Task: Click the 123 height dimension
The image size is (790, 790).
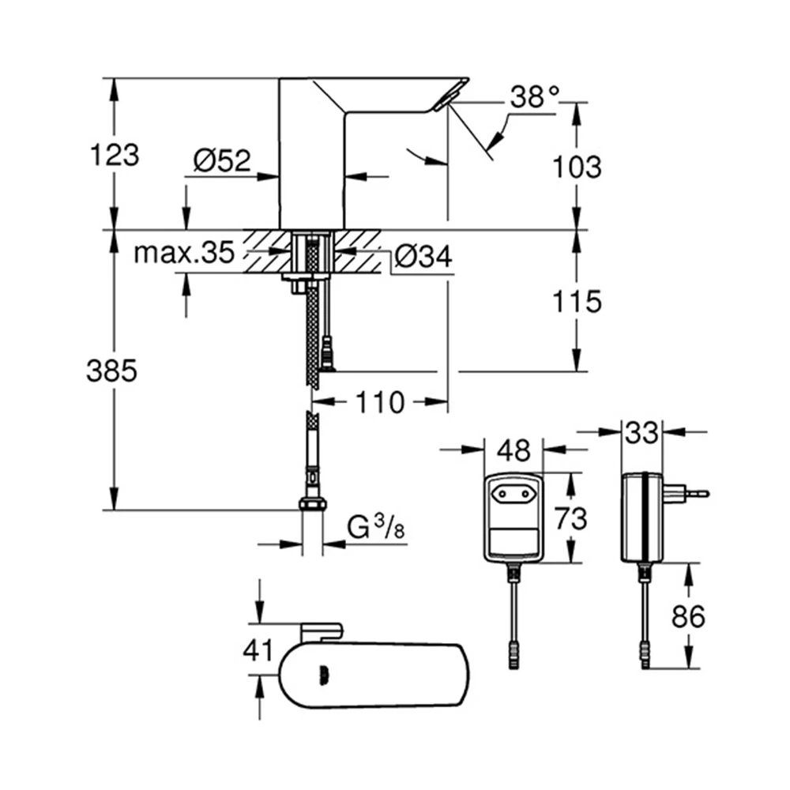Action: point(115,155)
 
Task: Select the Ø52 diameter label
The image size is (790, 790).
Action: point(222,160)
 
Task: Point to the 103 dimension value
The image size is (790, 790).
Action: point(577,167)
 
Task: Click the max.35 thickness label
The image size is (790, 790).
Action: point(184,253)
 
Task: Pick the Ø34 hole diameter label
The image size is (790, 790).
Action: point(423,256)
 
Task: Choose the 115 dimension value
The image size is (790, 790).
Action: point(577,301)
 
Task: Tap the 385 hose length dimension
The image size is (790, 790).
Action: point(111,371)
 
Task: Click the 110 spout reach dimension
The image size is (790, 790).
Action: point(381,402)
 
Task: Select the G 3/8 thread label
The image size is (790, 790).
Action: point(376,528)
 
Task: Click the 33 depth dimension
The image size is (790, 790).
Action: point(641,432)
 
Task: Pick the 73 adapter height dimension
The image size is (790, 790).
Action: point(571,518)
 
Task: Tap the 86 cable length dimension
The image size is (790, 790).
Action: point(688,616)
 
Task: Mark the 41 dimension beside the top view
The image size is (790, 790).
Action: point(258,650)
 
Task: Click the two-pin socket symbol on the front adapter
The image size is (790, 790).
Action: point(513,495)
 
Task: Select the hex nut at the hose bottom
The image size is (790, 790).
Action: point(313,504)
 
